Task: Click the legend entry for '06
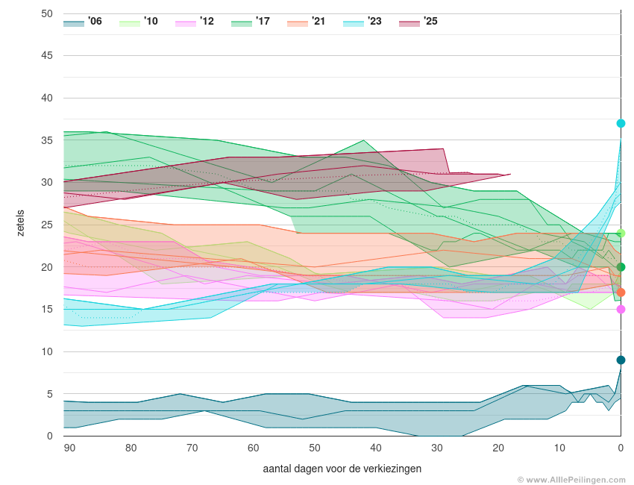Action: [83, 22]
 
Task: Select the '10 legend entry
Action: [139, 22]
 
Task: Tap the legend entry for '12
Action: [195, 22]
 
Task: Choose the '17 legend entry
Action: [251, 22]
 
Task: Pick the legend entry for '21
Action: [307, 22]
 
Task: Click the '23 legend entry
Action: [362, 22]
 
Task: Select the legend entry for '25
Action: [418, 22]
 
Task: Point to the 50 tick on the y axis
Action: [47, 13]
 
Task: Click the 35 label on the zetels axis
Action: [47, 140]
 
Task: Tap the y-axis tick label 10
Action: [47, 351]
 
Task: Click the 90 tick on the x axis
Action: [69, 448]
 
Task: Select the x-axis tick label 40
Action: [376, 448]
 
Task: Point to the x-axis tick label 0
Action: [621, 448]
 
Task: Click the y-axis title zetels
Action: [20, 223]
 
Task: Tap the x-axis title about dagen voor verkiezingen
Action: [342, 469]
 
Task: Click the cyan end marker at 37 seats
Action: [621, 123]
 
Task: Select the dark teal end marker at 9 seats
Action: [621, 360]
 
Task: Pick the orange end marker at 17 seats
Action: [621, 292]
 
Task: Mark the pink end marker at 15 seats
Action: [621, 309]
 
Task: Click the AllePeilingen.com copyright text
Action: [571, 480]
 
